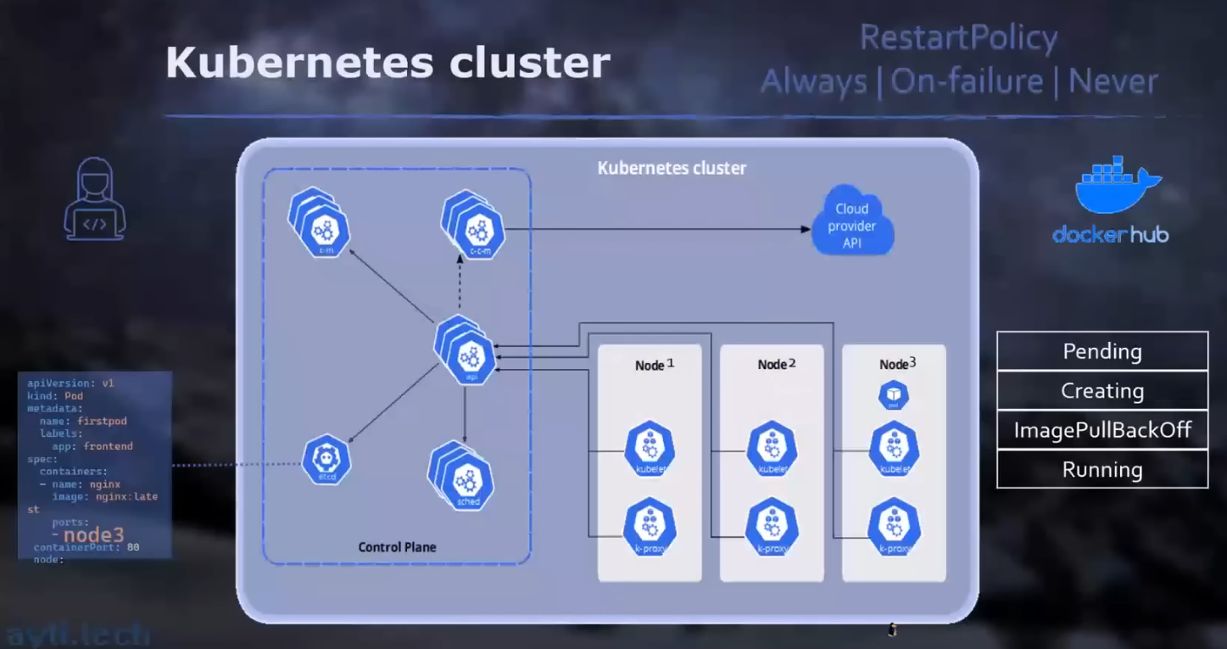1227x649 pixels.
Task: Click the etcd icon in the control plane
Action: pyautogui.click(x=326, y=459)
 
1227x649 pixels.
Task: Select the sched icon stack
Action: pyautogui.click(x=464, y=479)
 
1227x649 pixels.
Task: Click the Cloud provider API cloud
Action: pyautogui.click(x=852, y=226)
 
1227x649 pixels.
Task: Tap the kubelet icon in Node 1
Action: pyautogui.click(x=650, y=449)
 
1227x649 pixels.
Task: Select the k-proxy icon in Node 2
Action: pyautogui.click(x=772, y=526)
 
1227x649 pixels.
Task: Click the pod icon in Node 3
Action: pyautogui.click(x=894, y=394)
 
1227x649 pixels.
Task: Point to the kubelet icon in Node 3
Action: pyautogui.click(x=894, y=449)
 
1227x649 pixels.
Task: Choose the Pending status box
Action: pyautogui.click(x=1102, y=351)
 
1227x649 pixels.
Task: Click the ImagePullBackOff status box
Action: pyautogui.click(x=1102, y=430)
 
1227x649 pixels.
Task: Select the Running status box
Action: pyautogui.click(x=1102, y=469)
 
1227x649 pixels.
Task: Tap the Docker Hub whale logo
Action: pyautogui.click(x=1116, y=187)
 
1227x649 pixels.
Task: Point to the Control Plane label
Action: pyautogui.click(x=397, y=547)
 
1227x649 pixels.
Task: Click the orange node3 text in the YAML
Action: pyautogui.click(x=93, y=534)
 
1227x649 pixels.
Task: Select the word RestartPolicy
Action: pyautogui.click(x=958, y=38)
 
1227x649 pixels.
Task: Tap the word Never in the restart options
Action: pyautogui.click(x=1113, y=81)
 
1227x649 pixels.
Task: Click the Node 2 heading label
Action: pyautogui.click(x=776, y=364)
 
